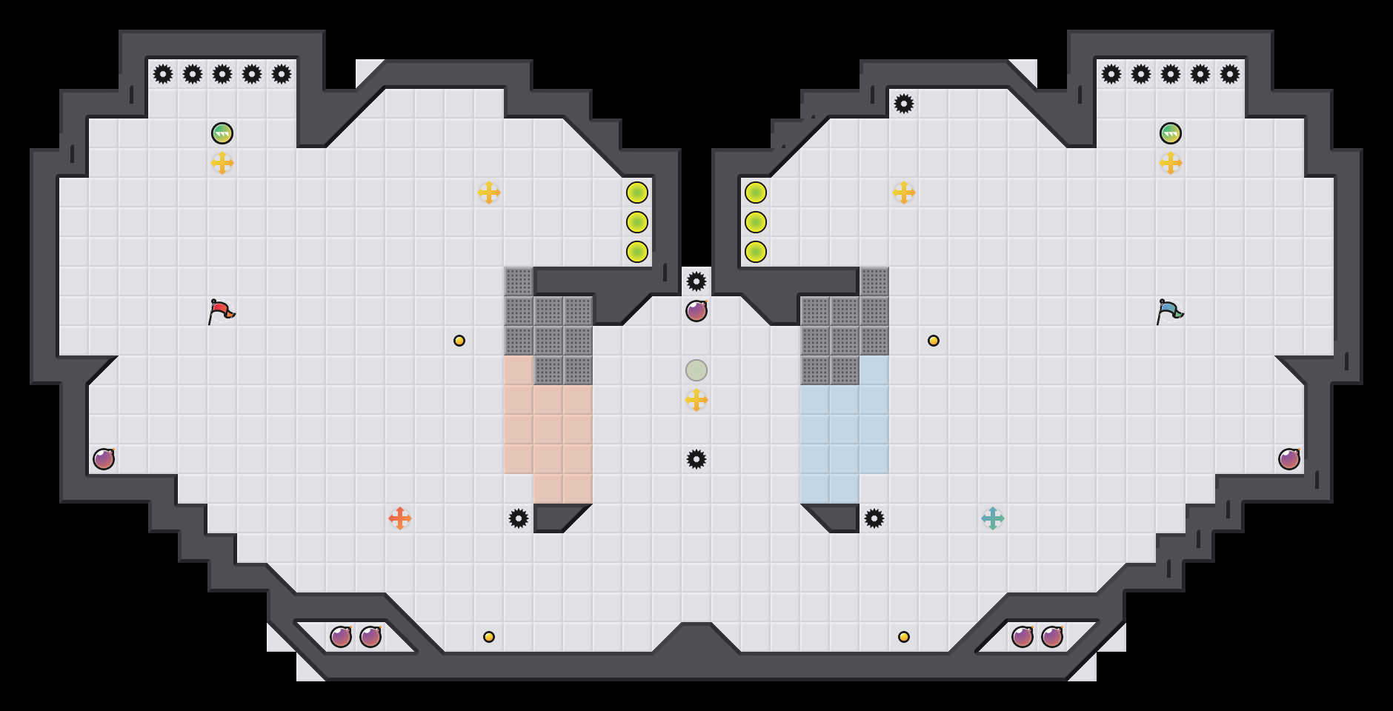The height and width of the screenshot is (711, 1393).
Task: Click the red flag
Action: pos(221,312)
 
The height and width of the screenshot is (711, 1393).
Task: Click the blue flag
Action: pos(1169,312)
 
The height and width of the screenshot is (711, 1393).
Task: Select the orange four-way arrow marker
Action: pos(400,518)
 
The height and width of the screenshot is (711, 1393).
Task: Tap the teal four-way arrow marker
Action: pos(993,518)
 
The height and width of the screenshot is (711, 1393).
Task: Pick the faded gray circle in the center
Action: pos(696,370)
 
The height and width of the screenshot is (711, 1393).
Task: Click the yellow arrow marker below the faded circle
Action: pos(696,400)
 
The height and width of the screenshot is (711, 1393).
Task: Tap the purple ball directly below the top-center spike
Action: pos(696,311)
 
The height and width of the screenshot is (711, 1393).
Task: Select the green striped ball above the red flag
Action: pos(222,133)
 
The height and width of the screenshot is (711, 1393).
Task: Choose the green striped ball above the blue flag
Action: pos(1171,133)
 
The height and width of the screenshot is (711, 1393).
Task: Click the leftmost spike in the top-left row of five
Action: pos(163,74)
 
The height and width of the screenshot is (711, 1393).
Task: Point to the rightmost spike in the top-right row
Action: pos(1230,74)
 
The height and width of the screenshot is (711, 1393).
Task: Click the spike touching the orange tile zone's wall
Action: pos(519,518)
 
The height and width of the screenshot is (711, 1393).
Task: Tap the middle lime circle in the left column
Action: pos(637,222)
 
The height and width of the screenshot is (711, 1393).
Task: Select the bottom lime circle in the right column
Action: pos(756,252)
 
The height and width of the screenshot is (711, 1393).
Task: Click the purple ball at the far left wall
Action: pos(104,459)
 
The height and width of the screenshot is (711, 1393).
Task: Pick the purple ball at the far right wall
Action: pos(1289,459)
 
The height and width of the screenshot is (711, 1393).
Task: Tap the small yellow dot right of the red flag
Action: pos(459,341)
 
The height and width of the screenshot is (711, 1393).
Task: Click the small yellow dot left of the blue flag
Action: pos(934,341)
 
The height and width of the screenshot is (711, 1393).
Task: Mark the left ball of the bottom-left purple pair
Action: pos(341,637)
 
